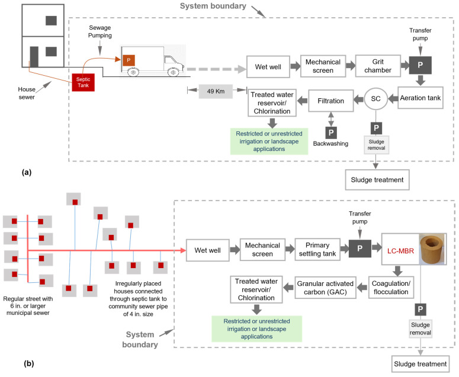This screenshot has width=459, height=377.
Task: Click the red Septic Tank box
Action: tap(83, 82)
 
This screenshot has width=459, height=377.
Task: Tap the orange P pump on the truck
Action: tap(129, 60)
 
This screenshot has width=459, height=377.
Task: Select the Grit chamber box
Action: tap(378, 66)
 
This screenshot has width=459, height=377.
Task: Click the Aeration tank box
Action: tap(420, 98)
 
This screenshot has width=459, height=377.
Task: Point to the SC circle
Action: tap(376, 99)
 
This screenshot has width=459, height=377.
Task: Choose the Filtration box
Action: tap(331, 101)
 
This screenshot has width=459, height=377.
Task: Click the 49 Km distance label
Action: tap(216, 91)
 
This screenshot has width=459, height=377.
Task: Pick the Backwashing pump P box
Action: tap(331, 133)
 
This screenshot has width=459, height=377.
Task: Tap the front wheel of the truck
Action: tap(173, 72)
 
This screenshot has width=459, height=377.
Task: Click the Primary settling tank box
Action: tap(317, 250)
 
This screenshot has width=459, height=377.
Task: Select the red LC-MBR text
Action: tap(400, 251)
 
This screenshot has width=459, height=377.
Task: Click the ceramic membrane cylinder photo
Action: tap(432, 250)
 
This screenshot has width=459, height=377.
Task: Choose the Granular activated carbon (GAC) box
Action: tap(325, 288)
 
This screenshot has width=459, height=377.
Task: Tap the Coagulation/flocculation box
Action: tap(391, 288)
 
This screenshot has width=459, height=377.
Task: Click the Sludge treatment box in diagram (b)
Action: tap(421, 364)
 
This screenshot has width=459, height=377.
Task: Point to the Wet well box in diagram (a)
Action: tap(268, 67)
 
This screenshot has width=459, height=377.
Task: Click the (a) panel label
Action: tap(27, 172)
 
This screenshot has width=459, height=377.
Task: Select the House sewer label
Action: tap(27, 93)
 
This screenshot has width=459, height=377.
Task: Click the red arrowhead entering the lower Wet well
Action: tap(183, 250)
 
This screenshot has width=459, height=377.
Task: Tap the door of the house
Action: tap(34, 57)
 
